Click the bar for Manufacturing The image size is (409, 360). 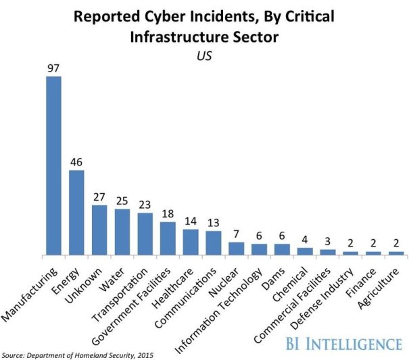53,165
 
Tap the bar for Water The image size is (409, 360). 122,232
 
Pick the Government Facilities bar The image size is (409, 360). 168,238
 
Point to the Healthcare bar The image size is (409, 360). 191,242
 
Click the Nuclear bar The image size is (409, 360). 237,249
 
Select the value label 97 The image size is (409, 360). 53,69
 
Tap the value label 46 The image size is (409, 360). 76,163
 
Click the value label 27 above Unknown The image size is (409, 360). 99,198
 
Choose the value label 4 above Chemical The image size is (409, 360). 305,240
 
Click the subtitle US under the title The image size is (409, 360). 204,55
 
